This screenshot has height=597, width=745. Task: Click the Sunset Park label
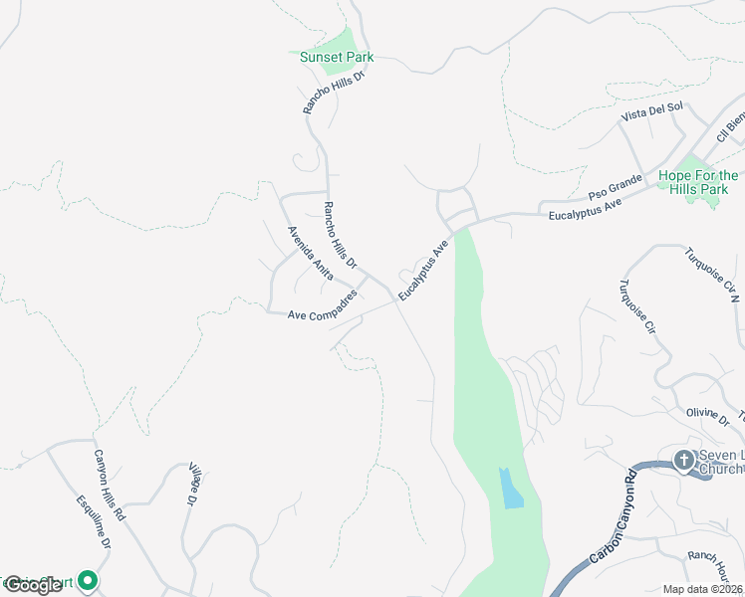337,57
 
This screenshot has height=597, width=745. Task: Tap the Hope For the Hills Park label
698,182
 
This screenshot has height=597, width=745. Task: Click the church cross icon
683,460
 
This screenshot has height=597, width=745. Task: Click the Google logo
33,585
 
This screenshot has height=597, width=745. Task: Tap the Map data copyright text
703,589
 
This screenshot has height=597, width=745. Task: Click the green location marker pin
89,579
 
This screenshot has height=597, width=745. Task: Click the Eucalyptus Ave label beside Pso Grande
591,207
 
